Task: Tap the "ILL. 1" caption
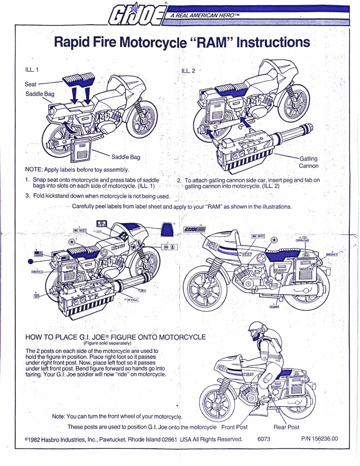point(31,69)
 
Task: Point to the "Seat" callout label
point(31,84)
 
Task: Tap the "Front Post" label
point(234,427)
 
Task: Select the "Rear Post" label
point(286,427)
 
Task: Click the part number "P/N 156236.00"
point(319,439)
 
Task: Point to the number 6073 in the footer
point(264,439)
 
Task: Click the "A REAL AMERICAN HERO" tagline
point(201,16)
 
